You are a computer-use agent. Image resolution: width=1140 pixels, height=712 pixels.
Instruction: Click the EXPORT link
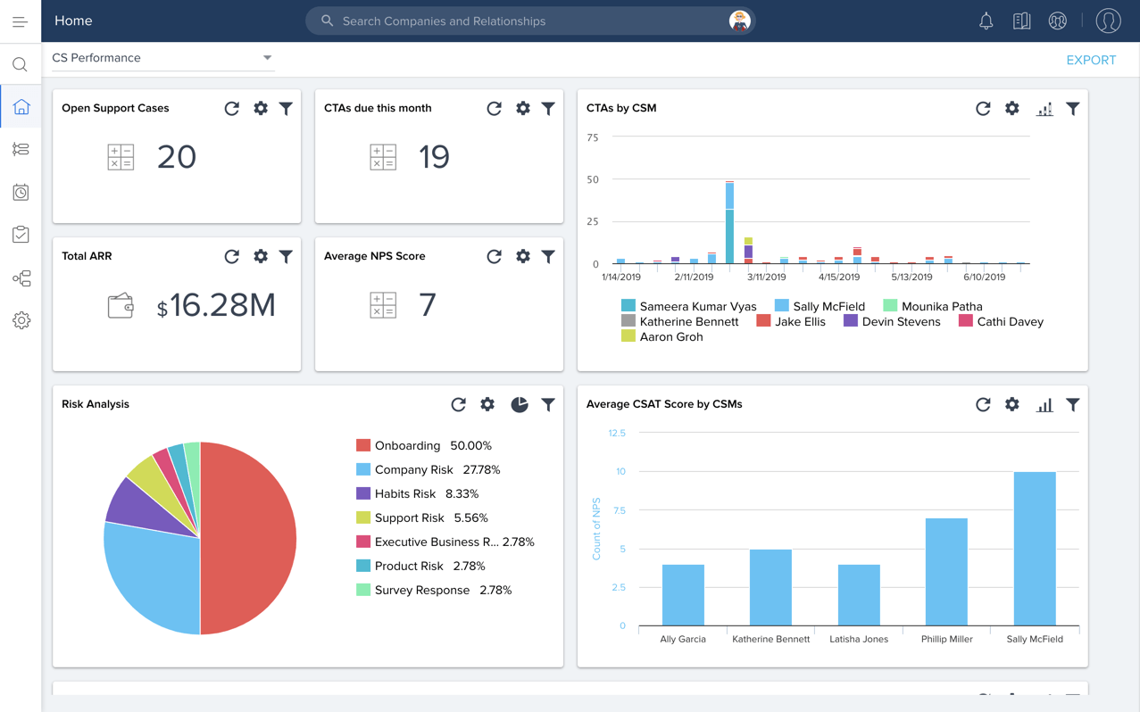1090,60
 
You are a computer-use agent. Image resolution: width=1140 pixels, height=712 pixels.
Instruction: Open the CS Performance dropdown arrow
267,58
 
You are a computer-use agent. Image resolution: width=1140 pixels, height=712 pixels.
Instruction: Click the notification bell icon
986,21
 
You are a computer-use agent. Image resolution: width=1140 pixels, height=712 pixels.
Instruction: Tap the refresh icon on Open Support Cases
232,109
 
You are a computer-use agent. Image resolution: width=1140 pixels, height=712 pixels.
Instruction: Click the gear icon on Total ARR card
261,256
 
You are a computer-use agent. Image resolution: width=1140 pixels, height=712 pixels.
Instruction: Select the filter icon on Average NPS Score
548,256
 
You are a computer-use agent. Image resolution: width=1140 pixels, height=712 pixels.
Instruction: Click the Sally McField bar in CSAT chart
1034,549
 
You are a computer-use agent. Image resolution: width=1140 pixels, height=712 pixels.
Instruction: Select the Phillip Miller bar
946,571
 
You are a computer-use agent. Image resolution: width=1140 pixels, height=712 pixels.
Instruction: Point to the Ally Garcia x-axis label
682,639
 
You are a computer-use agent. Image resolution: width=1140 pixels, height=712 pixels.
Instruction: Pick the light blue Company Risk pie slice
152,571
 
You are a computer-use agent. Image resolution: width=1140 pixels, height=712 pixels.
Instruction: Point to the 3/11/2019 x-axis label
766,277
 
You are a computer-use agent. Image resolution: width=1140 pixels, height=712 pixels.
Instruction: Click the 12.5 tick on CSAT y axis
616,433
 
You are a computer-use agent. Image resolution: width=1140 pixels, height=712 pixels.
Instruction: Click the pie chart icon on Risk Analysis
519,404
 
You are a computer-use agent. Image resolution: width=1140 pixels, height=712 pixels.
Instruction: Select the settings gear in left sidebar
21,320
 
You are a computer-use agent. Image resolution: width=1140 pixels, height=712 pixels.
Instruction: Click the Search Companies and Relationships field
527,21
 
